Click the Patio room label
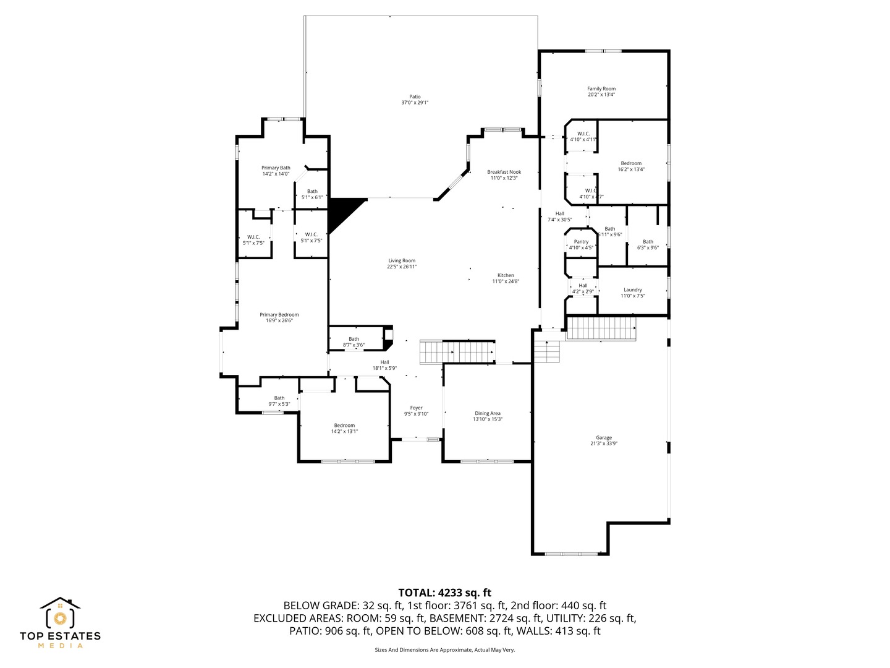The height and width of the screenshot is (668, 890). click(x=415, y=96)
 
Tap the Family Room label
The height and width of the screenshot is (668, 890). click(x=601, y=88)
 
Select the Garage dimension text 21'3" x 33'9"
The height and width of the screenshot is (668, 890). click(x=604, y=443)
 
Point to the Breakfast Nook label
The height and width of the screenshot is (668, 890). click(x=504, y=172)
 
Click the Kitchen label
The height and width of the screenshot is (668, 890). click(x=506, y=275)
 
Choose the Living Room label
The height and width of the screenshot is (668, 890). click(x=402, y=260)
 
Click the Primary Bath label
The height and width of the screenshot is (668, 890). click(x=276, y=168)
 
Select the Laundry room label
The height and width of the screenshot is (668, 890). click(x=633, y=289)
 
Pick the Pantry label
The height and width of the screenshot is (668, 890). click(x=581, y=242)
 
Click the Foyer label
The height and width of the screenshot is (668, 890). click(x=417, y=408)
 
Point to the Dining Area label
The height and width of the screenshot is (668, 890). click(x=488, y=413)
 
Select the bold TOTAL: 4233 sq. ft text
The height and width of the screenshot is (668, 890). click(x=444, y=593)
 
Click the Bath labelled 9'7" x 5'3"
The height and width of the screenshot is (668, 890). click(x=279, y=401)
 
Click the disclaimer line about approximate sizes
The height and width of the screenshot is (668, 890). click(x=444, y=650)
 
